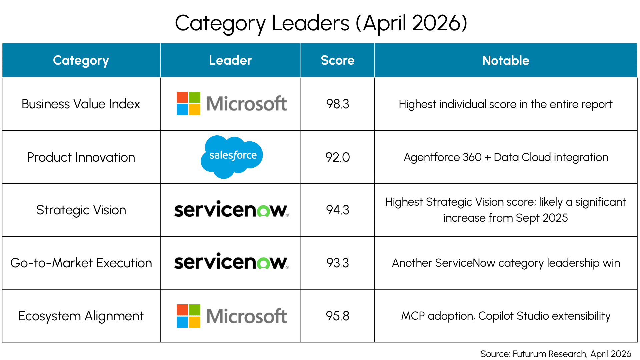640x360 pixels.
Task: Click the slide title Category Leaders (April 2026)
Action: [321, 23]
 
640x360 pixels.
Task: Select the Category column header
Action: [81, 61]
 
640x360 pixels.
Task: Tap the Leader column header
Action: [230, 60]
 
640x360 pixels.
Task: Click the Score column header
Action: [338, 60]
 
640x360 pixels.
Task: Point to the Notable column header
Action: [506, 60]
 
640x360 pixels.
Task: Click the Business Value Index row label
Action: [81, 104]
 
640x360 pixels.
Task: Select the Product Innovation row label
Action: [81, 157]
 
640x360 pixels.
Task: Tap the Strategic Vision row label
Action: [81, 210]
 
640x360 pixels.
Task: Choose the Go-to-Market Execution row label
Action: [81, 263]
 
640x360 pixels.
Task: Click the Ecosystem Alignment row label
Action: [81, 316]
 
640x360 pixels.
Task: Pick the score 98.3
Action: [338, 104]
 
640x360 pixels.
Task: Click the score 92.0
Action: [338, 157]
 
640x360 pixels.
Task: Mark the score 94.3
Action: [338, 210]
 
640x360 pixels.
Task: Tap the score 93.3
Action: [338, 263]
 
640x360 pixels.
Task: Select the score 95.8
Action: [338, 316]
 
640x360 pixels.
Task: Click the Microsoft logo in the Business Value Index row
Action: [232, 103]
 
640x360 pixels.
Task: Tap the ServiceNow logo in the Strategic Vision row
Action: [231, 209]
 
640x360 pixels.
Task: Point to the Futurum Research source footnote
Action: [556, 354]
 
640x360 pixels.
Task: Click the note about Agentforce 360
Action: [506, 157]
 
